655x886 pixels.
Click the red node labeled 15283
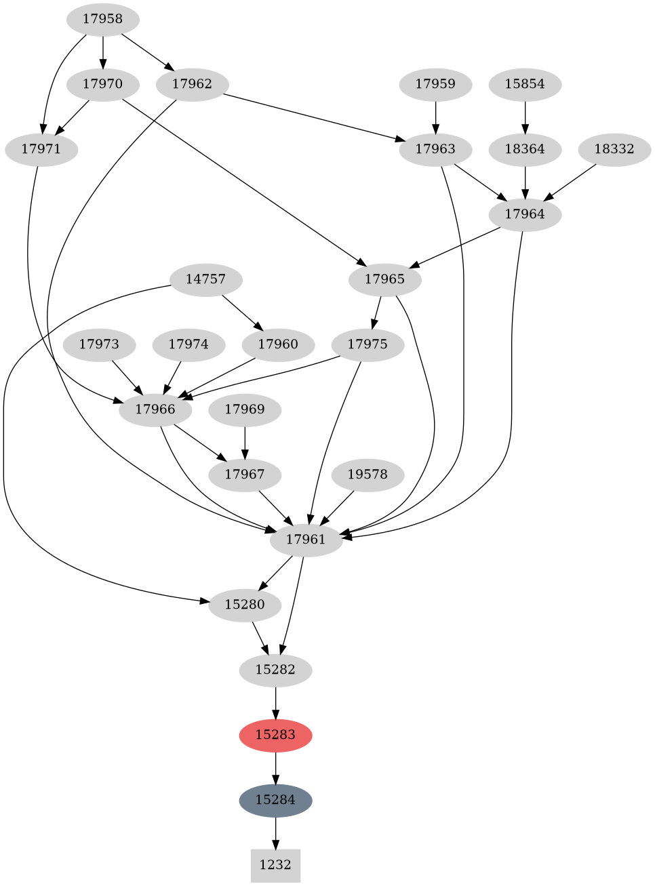tap(275, 735)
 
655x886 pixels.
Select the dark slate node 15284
tap(275, 800)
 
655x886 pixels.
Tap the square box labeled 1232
tap(275, 865)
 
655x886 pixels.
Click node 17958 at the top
tap(103, 19)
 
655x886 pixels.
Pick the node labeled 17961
tap(306, 540)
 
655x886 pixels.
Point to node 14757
tap(205, 279)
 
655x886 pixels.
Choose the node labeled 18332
tap(614, 149)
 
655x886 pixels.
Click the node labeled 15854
tap(525, 84)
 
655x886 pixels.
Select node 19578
tap(368, 475)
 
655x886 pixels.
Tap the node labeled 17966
tap(155, 409)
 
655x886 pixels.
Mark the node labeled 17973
tap(99, 344)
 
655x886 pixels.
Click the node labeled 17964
tap(525, 214)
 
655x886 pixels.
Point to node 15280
tap(244, 605)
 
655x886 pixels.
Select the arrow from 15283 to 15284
tap(275, 767)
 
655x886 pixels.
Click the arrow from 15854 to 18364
tap(525, 117)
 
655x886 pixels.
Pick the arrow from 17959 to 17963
tap(435, 117)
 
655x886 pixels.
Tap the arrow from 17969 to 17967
tap(244, 442)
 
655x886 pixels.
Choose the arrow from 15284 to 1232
tap(275, 832)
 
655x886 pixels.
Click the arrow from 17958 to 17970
tap(103, 52)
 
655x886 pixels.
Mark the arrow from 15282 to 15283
tap(275, 702)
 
